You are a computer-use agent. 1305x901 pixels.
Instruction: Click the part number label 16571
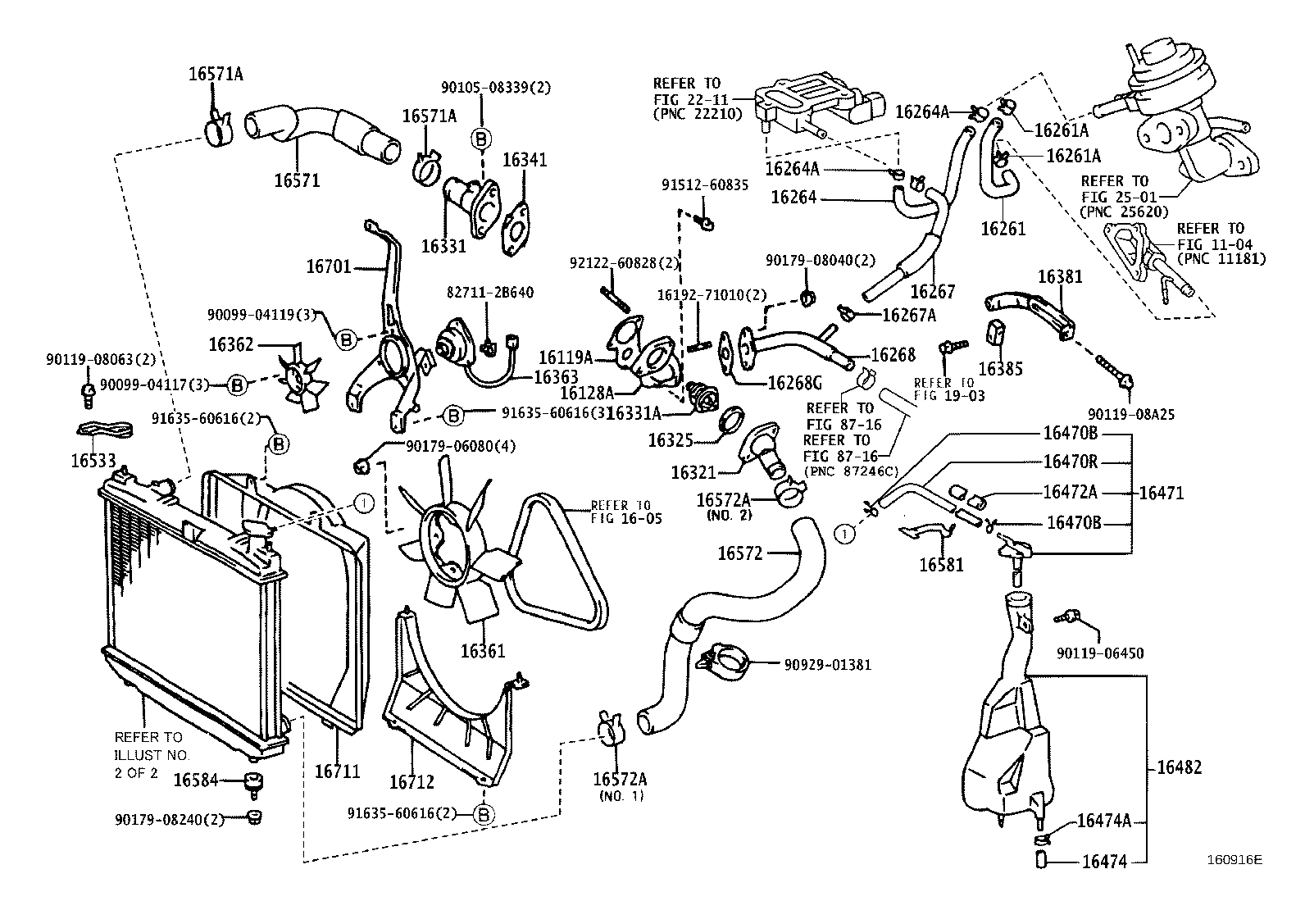pyautogui.click(x=297, y=180)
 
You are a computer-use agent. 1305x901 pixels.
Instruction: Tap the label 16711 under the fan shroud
pyautogui.click(x=338, y=771)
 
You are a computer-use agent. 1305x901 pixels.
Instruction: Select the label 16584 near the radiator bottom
pyautogui.click(x=195, y=780)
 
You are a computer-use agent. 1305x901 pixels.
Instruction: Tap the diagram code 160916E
pyautogui.click(x=1234, y=860)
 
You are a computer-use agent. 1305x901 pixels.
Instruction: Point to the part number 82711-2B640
pyautogui.click(x=490, y=293)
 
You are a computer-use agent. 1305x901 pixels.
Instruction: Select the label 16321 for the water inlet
pyautogui.click(x=693, y=473)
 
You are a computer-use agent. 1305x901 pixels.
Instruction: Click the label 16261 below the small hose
pyautogui.click(x=1003, y=229)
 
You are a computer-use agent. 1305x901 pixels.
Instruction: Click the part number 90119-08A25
pyautogui.click(x=1131, y=416)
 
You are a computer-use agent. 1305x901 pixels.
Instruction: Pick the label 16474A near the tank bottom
pyautogui.click(x=1103, y=821)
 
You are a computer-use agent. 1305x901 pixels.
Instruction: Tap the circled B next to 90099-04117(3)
pyautogui.click(x=237, y=384)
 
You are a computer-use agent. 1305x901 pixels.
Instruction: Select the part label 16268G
pyautogui.click(x=793, y=383)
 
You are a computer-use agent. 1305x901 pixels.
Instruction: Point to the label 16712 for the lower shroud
pyautogui.click(x=412, y=782)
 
